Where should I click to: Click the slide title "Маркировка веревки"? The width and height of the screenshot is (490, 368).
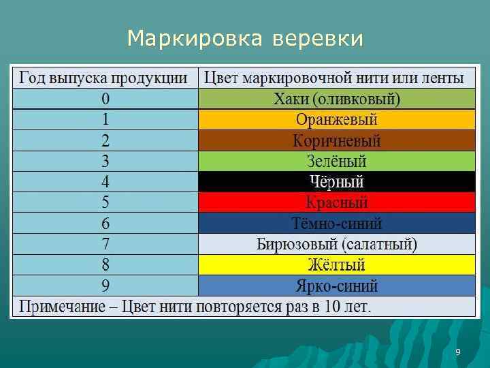[245, 39]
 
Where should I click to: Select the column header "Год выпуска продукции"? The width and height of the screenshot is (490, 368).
[105, 78]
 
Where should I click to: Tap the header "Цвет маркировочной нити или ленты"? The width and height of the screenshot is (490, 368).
[336, 78]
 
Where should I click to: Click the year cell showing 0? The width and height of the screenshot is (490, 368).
[105, 99]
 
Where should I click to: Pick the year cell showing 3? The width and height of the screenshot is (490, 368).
[105, 162]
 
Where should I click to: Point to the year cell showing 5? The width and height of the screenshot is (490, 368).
[105, 202]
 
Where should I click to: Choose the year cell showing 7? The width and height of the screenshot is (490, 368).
[105, 243]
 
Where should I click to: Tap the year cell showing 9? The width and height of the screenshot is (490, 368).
[105, 285]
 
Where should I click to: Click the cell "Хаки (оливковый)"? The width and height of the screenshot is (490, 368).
[336, 99]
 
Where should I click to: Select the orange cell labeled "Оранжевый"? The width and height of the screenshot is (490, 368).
[336, 120]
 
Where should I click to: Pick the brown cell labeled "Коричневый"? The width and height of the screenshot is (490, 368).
[336, 141]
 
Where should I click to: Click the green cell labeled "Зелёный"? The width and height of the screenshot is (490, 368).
[336, 162]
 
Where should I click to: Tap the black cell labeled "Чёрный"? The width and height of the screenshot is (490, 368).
[336, 182]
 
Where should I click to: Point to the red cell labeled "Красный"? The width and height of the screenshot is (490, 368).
[336, 202]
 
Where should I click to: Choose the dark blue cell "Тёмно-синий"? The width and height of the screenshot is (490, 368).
[336, 224]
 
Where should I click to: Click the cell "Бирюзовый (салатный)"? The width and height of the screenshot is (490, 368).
[336, 243]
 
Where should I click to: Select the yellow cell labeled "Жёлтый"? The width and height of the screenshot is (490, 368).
[336, 264]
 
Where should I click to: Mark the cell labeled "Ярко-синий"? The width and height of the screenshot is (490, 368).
[336, 285]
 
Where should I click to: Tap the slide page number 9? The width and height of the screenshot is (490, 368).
[457, 352]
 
